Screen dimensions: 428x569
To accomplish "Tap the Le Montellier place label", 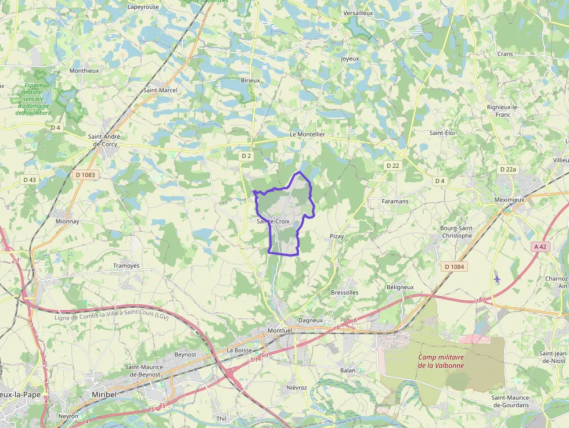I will click(307, 134).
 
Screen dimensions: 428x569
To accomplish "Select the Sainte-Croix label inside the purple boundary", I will click(273, 221).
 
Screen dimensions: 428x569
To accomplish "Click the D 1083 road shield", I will click(85, 174).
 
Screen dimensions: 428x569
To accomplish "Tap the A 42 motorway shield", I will click(540, 246).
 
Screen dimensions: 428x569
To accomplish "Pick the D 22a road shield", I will click(507, 169).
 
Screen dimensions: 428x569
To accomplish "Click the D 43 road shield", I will click(30, 180).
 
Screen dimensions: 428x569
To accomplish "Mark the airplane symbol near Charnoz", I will click(496, 278).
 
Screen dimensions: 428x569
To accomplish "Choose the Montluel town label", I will click(280, 330).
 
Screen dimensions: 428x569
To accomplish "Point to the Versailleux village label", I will click(358, 12).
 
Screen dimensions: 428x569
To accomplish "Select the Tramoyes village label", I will click(126, 265).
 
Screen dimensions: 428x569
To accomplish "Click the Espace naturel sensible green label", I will click(34, 99).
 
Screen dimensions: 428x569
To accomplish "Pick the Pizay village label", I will click(337, 236).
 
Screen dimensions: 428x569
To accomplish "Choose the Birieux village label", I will click(250, 80).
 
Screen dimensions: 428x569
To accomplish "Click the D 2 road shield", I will click(246, 156).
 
